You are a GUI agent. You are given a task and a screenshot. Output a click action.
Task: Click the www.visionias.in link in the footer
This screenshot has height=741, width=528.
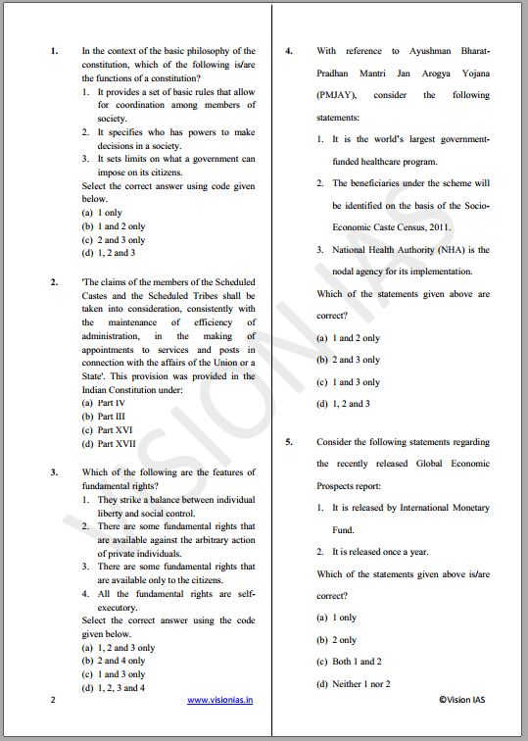[x=220, y=700]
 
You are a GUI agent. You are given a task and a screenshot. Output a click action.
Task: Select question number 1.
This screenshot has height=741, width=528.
[x=54, y=51]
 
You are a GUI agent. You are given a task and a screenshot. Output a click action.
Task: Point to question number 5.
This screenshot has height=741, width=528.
[x=289, y=442]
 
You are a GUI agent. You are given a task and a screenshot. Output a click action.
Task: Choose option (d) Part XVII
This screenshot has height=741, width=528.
[x=110, y=444]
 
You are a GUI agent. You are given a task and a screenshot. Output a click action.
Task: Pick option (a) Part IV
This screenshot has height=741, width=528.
[x=104, y=403]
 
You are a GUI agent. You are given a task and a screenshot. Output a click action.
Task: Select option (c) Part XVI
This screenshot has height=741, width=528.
[x=107, y=430]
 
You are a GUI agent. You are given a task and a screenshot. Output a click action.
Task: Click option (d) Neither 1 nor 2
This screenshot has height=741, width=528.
[x=353, y=684]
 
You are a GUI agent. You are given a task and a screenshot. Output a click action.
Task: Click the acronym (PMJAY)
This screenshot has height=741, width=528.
[x=337, y=95]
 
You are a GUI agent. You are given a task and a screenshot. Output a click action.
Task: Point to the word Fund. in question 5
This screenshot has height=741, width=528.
[x=343, y=529]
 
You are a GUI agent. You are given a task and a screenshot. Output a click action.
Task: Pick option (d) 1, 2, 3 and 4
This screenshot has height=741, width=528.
[x=115, y=688]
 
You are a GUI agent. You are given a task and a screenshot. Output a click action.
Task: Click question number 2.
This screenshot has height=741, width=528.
[x=54, y=282]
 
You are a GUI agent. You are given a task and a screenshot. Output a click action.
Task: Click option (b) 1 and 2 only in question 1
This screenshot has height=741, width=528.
[x=115, y=226]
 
